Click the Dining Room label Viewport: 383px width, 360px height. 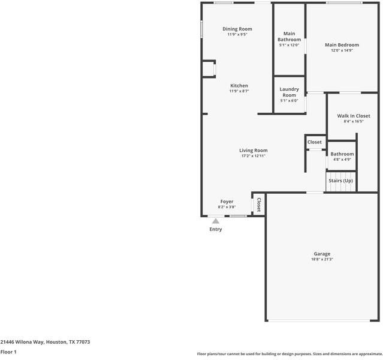point(237,29)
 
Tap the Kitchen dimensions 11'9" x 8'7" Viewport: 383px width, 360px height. point(239,91)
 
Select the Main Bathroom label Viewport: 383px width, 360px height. point(289,36)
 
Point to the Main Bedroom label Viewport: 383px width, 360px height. point(342,45)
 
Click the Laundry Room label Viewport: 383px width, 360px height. point(289,92)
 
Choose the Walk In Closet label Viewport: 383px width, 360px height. point(353,116)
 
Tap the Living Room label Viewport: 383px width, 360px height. point(254,150)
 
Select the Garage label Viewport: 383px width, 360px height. point(322,253)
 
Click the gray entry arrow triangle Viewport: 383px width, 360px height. point(216,221)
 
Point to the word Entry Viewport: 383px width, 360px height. point(216,229)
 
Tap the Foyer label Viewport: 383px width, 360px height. point(227,202)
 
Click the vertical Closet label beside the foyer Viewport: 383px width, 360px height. point(259,205)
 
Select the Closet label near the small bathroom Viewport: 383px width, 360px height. point(315,142)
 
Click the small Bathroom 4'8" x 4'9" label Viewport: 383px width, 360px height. point(342,154)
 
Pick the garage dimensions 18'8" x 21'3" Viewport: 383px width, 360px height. point(322,259)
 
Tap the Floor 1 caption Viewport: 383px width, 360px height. point(8,352)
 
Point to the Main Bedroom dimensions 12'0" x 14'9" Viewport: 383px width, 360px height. point(342,50)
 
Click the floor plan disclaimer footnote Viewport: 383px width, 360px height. point(289,354)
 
